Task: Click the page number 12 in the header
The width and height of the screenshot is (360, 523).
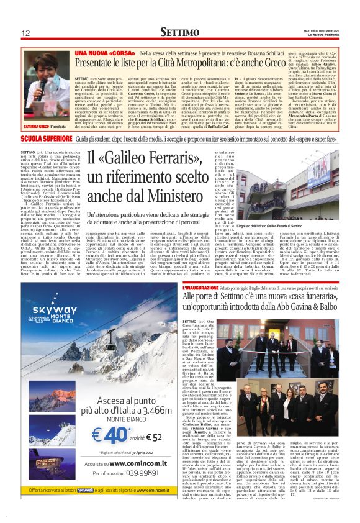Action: tap(26, 33)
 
